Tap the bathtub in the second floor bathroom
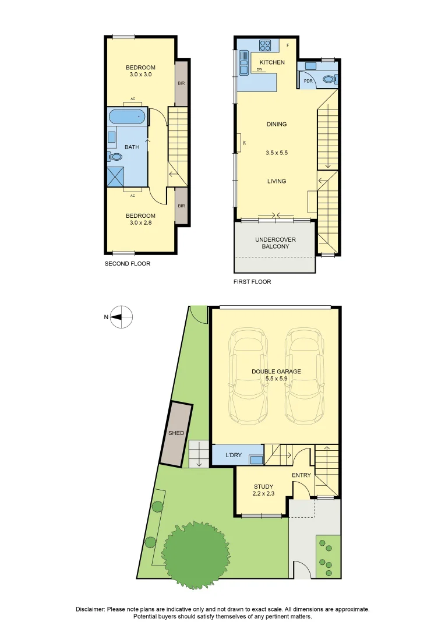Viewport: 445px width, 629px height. (x=126, y=116)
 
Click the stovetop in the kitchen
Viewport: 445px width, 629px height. (x=265, y=45)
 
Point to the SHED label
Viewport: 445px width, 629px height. (x=176, y=433)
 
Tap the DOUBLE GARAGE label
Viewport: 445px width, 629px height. (x=276, y=372)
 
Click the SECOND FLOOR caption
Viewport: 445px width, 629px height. (x=128, y=264)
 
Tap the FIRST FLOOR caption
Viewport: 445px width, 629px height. (x=252, y=282)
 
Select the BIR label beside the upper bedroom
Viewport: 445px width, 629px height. (x=182, y=83)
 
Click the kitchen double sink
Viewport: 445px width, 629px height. (x=244, y=63)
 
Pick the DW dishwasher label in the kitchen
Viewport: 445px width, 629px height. (x=259, y=70)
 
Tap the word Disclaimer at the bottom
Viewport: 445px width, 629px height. (x=90, y=609)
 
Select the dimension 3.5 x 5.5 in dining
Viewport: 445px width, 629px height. (x=276, y=153)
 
